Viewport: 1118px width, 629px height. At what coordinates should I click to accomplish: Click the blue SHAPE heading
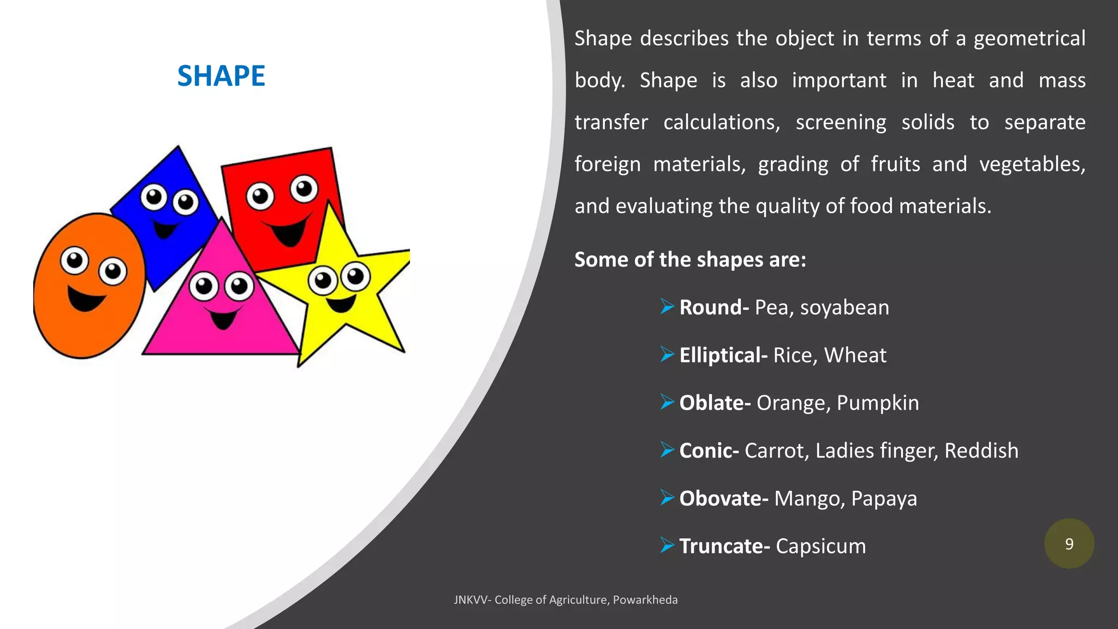[x=221, y=76]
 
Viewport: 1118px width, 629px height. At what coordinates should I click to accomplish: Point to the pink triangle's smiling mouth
[x=223, y=319]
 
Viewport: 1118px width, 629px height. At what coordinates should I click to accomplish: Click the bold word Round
[x=711, y=307]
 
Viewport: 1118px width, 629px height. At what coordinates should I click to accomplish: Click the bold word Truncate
[x=721, y=547]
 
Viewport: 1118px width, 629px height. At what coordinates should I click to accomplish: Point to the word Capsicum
[x=820, y=547]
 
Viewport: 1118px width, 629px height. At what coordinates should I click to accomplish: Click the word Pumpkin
[x=878, y=403]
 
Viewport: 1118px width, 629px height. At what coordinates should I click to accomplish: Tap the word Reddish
[x=981, y=451]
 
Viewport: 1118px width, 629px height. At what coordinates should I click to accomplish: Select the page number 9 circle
[x=1069, y=544]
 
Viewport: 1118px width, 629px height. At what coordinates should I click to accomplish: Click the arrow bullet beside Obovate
[x=667, y=498]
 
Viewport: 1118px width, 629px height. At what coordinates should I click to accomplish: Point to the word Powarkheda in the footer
[x=645, y=600]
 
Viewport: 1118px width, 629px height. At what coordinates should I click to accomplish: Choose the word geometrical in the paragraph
[x=1030, y=39]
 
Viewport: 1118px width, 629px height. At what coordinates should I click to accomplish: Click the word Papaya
[x=884, y=499]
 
